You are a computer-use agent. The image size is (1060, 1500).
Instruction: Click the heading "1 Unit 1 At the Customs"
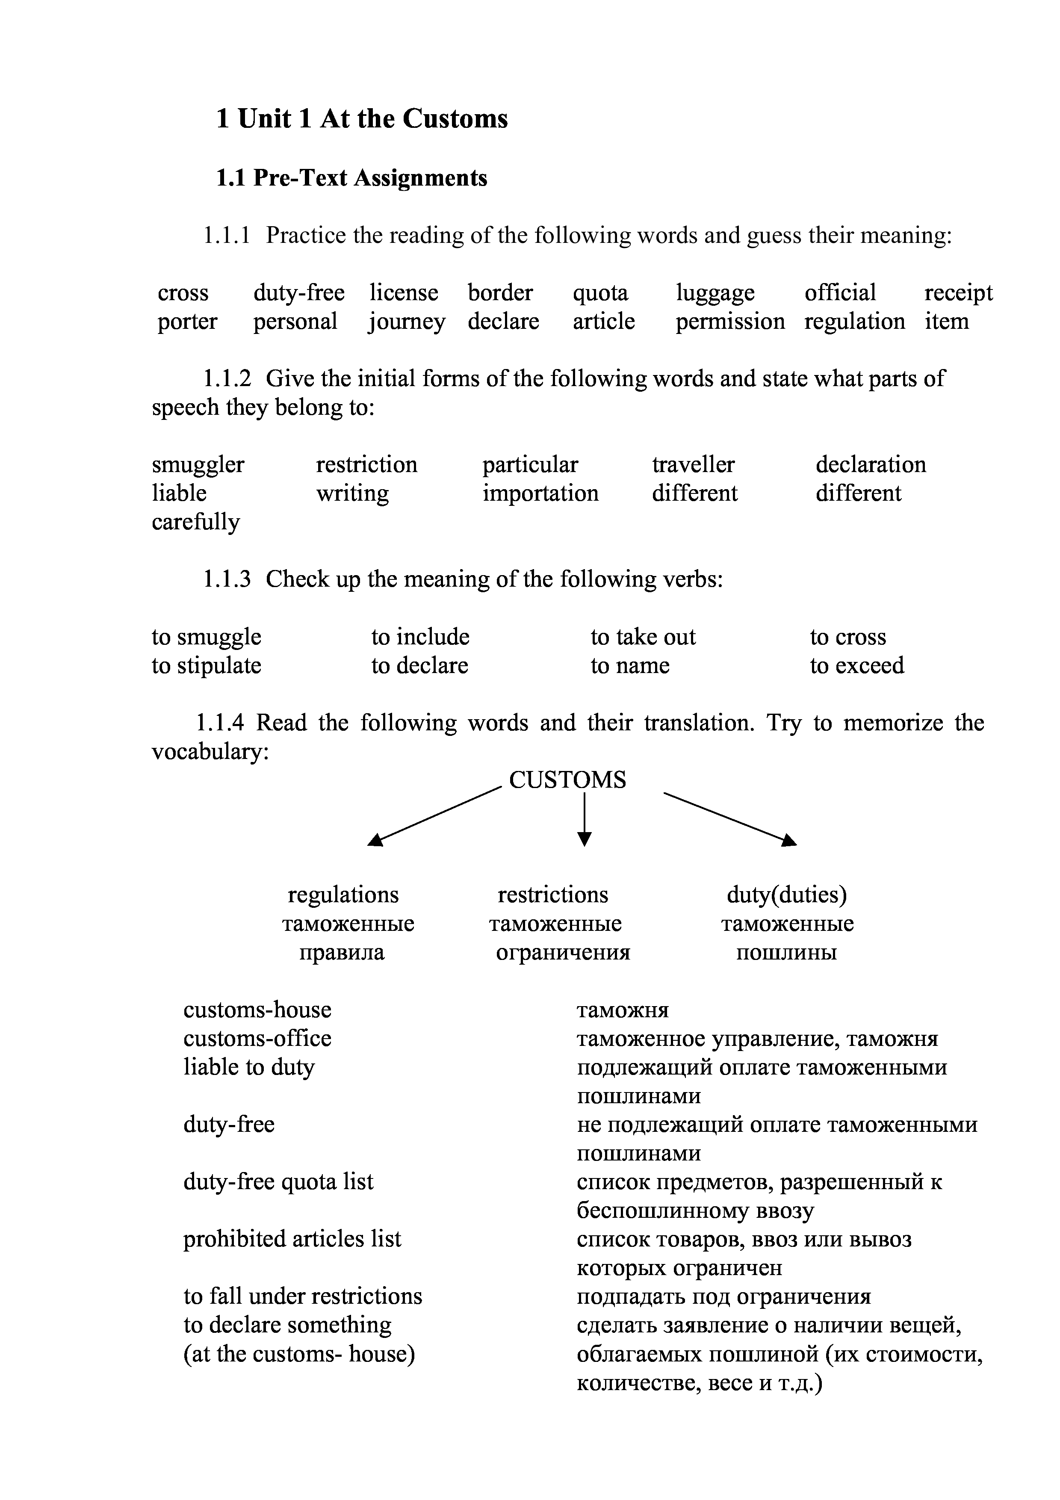pyautogui.click(x=362, y=119)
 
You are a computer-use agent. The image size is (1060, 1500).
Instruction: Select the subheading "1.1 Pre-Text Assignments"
pyautogui.click(x=351, y=178)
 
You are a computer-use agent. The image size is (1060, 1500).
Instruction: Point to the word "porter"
pyautogui.click(x=187, y=322)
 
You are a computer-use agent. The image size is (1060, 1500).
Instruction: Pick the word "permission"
pyautogui.click(x=729, y=322)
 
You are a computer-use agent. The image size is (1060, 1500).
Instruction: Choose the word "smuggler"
pyautogui.click(x=198, y=464)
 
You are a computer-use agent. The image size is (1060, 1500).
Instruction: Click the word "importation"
pyautogui.click(x=540, y=493)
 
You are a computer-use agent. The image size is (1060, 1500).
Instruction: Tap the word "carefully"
pyautogui.click(x=195, y=522)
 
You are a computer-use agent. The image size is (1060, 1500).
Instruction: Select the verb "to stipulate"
pyautogui.click(x=207, y=666)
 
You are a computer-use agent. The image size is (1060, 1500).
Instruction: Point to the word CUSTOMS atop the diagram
pyautogui.click(x=567, y=780)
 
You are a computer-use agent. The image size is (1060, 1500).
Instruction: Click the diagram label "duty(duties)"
pyautogui.click(x=786, y=895)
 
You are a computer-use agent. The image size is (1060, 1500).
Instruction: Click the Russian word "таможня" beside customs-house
pyautogui.click(x=623, y=1011)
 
